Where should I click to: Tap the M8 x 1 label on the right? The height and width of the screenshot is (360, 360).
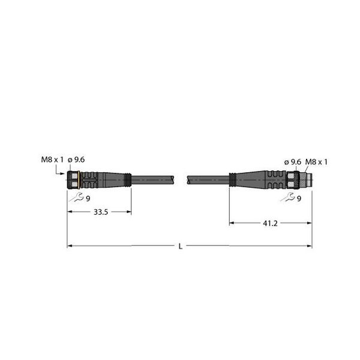[x=317, y=161]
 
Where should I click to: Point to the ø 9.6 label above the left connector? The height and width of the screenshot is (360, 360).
[x=77, y=159]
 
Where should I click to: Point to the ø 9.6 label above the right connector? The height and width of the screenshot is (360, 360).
[x=292, y=161]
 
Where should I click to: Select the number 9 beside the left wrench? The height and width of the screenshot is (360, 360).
[x=88, y=198]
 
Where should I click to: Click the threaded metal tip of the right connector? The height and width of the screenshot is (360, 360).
[x=307, y=179]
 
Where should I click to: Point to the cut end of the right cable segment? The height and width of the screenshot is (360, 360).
[x=188, y=179]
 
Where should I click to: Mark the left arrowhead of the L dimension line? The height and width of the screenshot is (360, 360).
[x=69, y=245]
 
